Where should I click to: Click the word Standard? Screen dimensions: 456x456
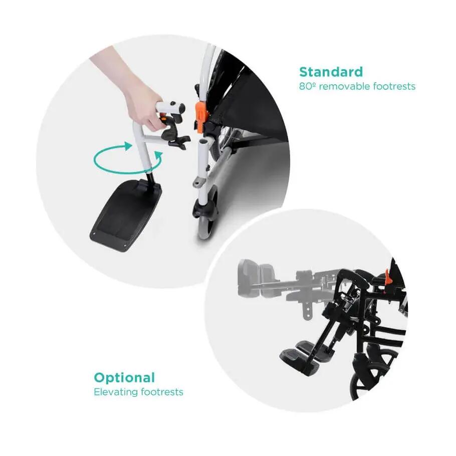pos(331,72)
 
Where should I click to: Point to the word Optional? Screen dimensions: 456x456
pos(124,378)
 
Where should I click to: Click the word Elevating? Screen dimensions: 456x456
pos(115,392)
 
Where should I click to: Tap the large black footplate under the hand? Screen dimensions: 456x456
pos(126,214)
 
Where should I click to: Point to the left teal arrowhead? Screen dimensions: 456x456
pos(127,146)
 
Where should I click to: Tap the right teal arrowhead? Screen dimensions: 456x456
pos(158,157)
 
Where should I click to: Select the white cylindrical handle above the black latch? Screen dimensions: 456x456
pos(171,107)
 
